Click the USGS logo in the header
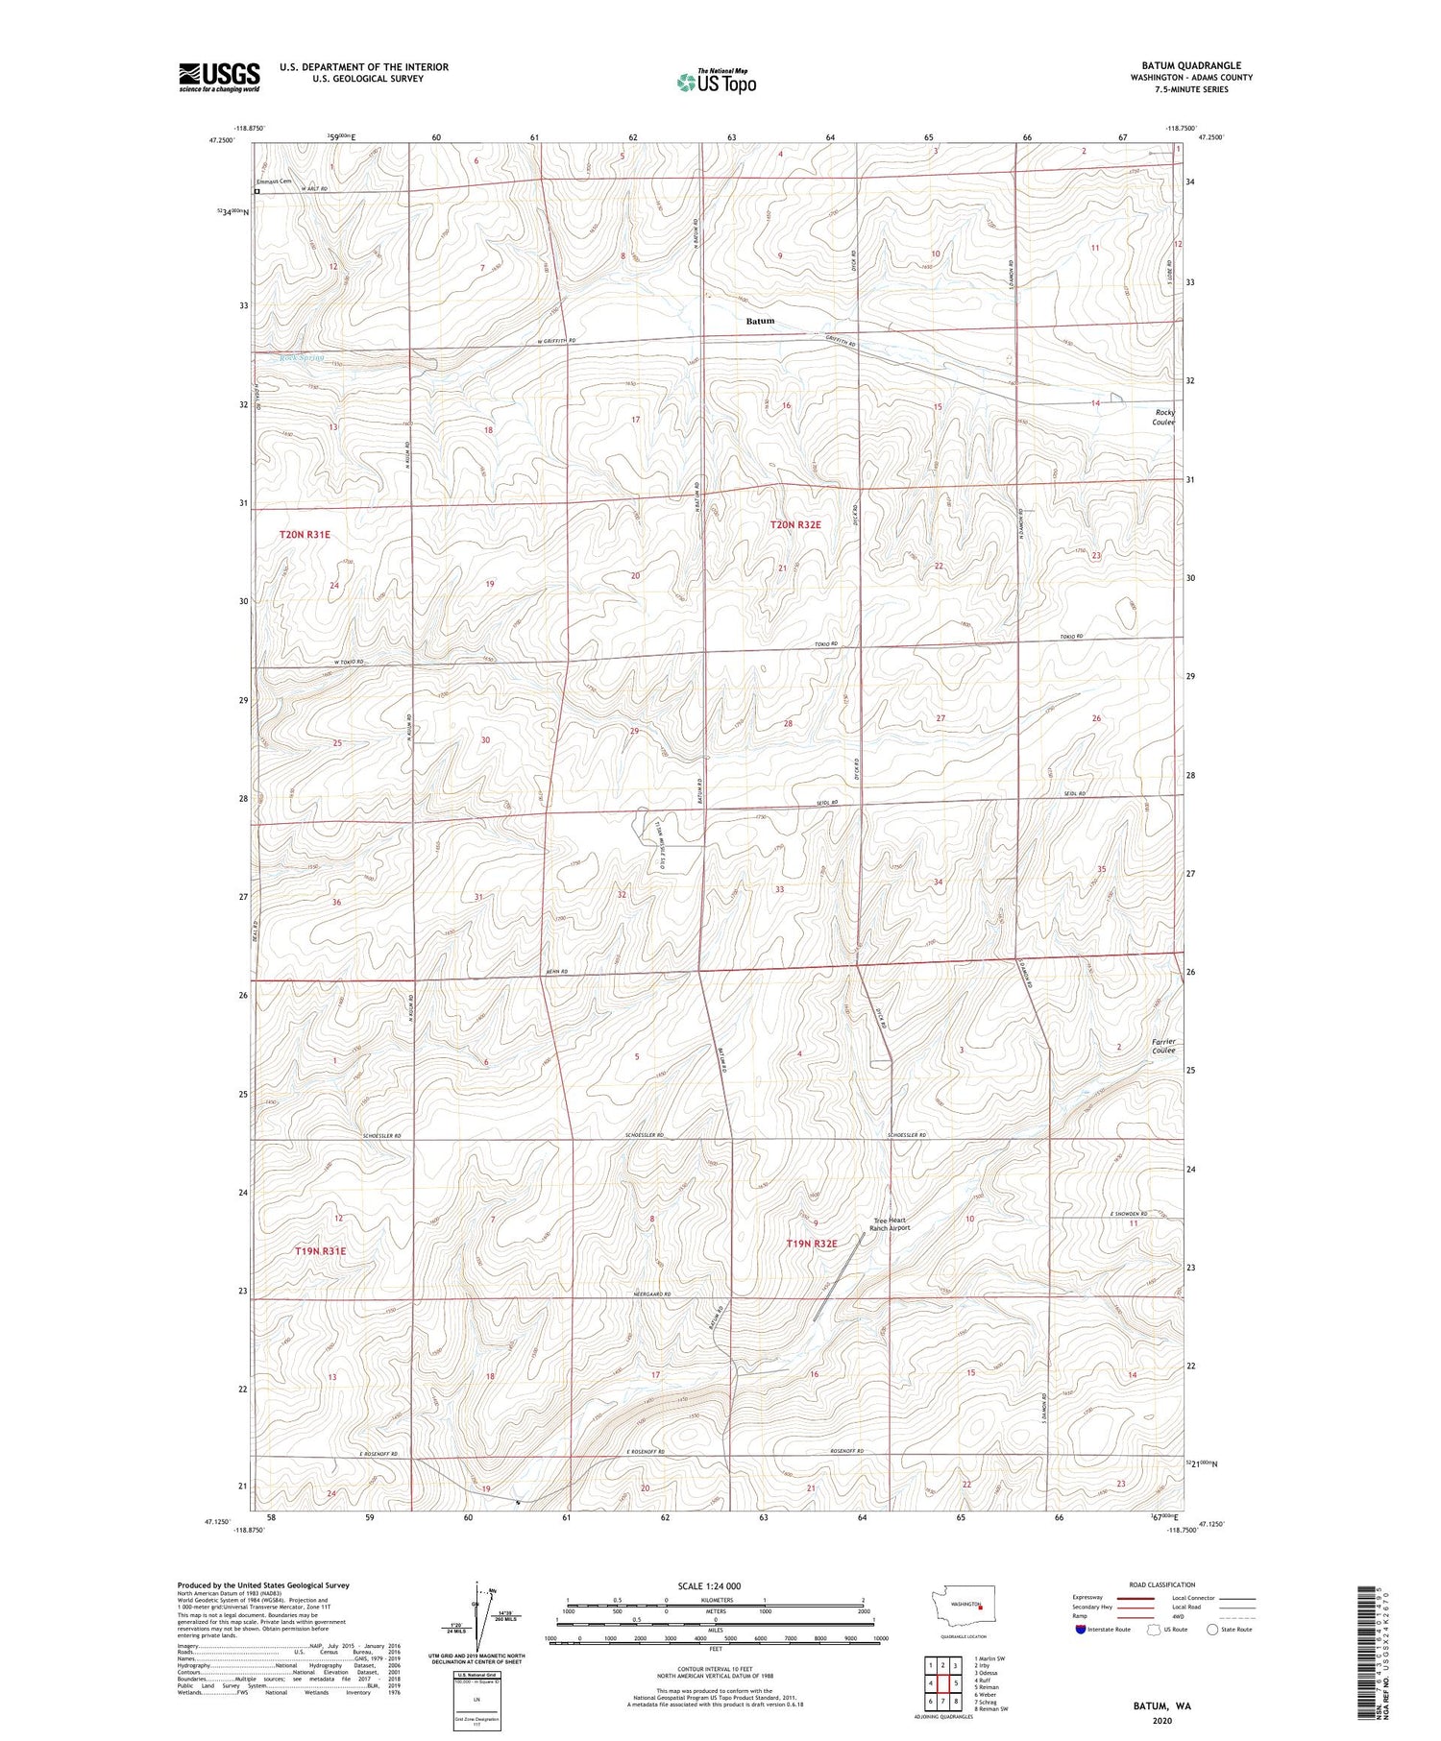point(219,77)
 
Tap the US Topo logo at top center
point(717,83)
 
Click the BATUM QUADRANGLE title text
point(1191,65)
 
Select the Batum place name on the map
point(759,321)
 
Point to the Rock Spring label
point(302,358)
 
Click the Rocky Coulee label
point(1163,417)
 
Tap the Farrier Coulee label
point(1162,1046)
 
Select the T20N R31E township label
point(305,534)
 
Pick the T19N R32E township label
point(812,1244)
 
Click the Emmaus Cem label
point(273,181)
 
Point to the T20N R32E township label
point(795,524)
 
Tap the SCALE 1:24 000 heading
point(716,1585)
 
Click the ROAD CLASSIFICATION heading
point(1162,1584)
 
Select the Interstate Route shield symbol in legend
point(1081,1630)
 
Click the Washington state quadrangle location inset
point(966,1605)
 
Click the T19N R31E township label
point(320,1251)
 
